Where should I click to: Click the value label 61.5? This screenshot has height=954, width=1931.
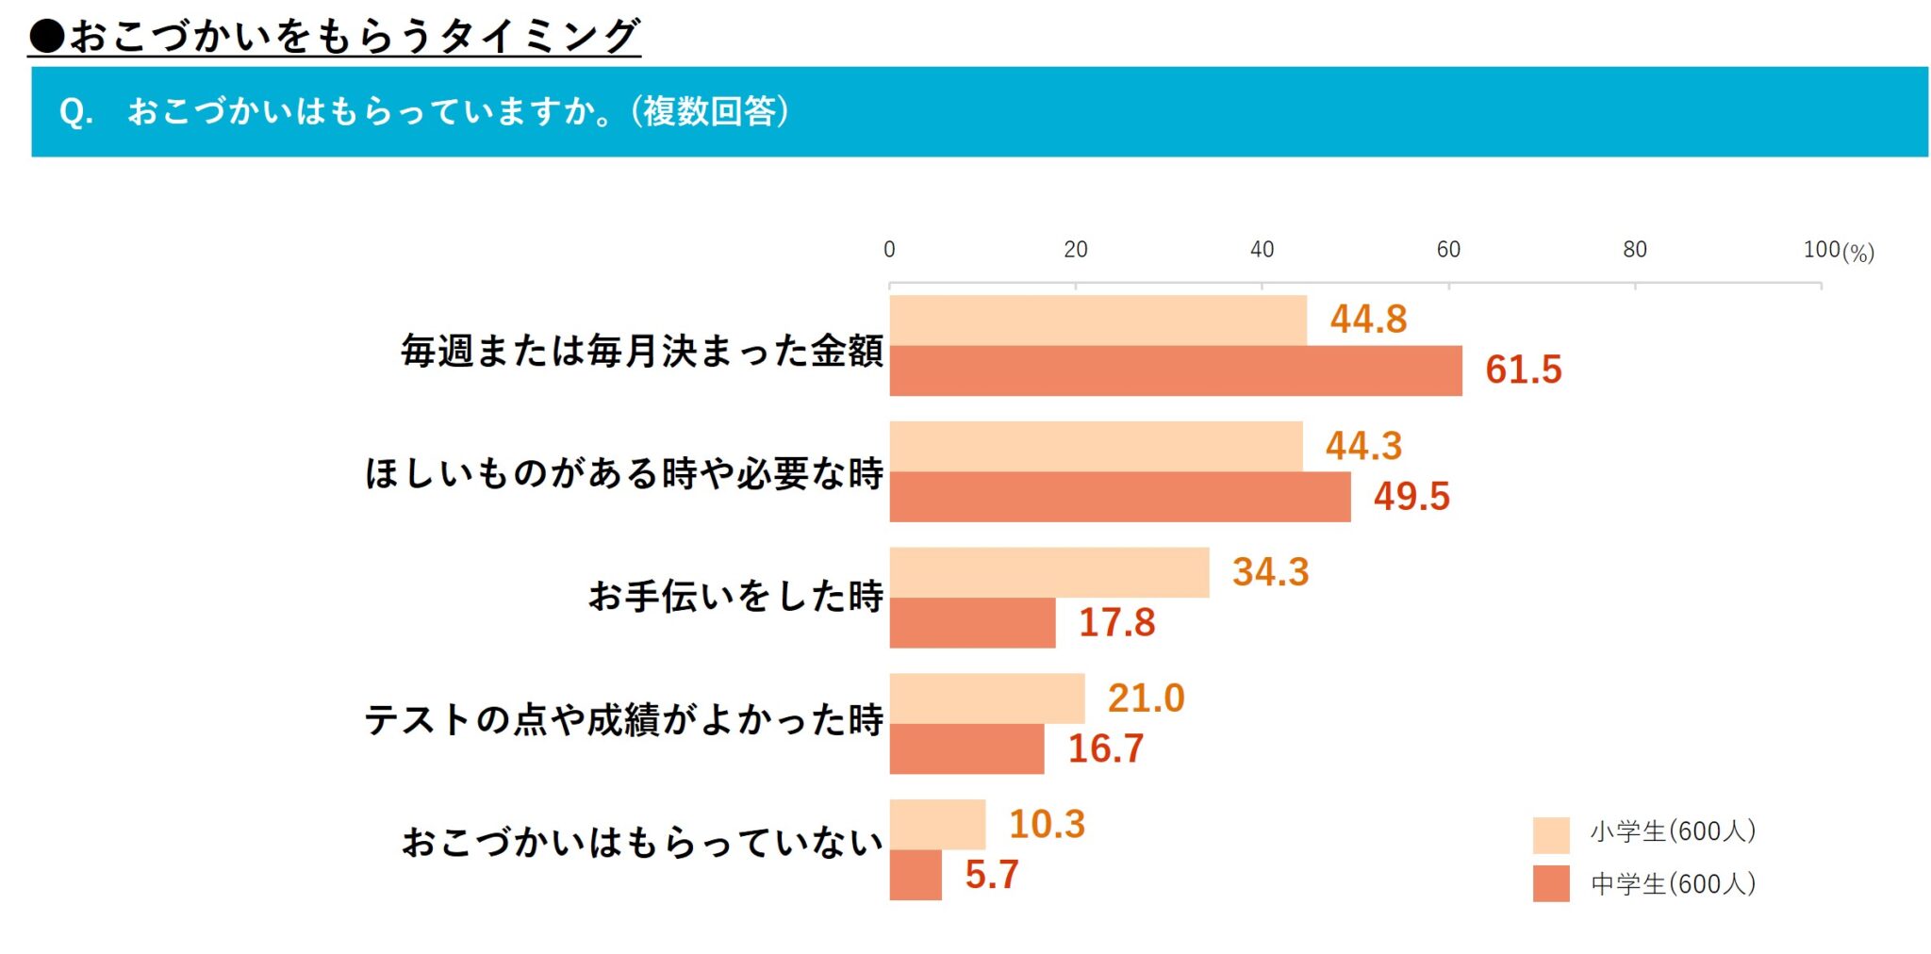pos(1523,370)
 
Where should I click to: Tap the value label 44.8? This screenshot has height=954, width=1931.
pos(1368,320)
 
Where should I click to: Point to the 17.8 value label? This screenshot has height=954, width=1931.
pos(1116,622)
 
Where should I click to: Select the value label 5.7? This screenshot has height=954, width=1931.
pos(991,875)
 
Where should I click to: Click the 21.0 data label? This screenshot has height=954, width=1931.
pos(1146,699)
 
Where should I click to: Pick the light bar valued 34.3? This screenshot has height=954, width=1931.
pos(1048,572)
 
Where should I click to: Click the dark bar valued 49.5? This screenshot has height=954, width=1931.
pos(1119,497)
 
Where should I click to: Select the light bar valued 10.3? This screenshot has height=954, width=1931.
pos(937,825)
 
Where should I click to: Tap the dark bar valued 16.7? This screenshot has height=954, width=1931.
pos(966,748)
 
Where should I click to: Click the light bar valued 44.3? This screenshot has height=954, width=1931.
pos(1096,446)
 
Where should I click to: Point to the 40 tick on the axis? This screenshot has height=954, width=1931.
pos(1262,250)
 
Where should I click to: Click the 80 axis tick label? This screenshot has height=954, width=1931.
pos(1634,250)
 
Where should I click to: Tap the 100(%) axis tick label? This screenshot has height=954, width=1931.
pos(1838,251)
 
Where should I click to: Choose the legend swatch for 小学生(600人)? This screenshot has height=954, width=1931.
pos(1550,834)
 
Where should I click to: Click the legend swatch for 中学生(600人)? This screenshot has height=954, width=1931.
pos(1550,884)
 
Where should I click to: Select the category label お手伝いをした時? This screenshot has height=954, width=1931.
pos(735,597)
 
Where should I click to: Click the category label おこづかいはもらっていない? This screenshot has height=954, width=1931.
pos(642,842)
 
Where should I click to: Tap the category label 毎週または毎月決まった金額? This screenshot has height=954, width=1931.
pos(641,352)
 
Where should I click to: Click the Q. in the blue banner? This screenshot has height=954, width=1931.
pos(75,113)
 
